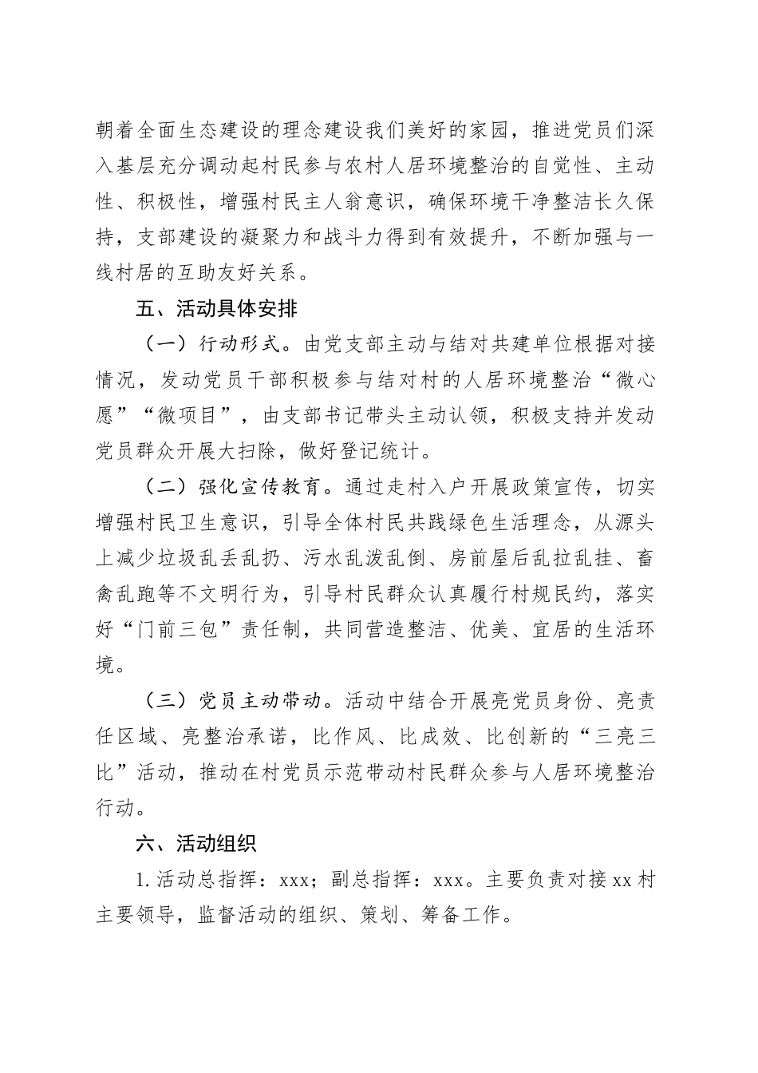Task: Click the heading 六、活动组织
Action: click(195, 844)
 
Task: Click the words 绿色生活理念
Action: click(497, 523)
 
